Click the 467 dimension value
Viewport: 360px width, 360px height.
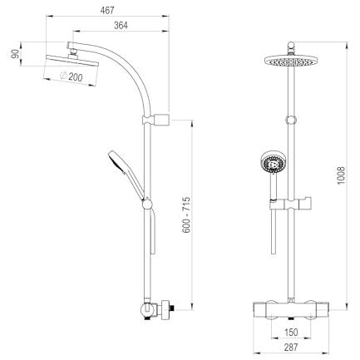[107, 10]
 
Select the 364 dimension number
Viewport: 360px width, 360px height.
[121, 26]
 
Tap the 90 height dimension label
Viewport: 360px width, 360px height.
[15, 54]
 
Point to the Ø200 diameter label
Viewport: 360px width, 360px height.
[72, 76]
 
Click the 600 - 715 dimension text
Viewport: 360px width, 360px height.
[186, 215]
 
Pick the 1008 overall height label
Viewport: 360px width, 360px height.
[341, 175]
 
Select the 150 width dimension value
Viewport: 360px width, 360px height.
[291, 332]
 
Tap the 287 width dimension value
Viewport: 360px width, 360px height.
[291, 347]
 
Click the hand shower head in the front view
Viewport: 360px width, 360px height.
[273, 162]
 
